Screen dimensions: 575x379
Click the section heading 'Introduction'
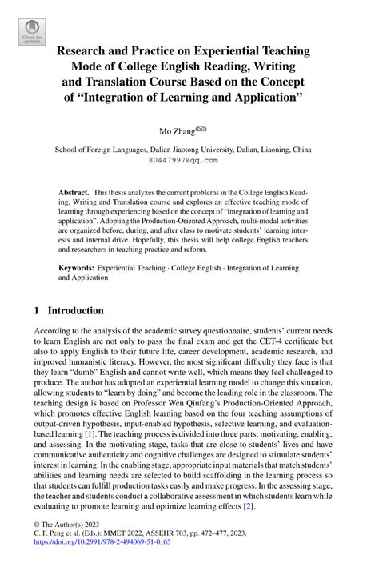coord(74,310)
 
